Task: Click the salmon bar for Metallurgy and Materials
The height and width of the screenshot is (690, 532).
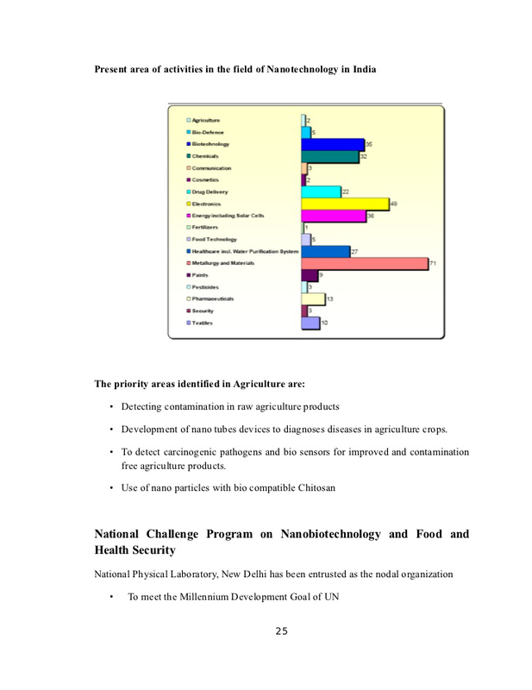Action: [x=363, y=263]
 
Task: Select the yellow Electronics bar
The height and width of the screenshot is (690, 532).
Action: [x=344, y=204]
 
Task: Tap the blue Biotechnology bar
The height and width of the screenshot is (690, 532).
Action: [x=332, y=144]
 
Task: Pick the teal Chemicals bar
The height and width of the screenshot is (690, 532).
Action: [x=329, y=156]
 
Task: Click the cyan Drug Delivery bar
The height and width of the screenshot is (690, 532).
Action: [x=320, y=191]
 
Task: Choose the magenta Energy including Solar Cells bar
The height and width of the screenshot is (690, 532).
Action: [x=333, y=216]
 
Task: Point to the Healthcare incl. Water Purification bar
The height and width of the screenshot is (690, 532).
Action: [x=325, y=251]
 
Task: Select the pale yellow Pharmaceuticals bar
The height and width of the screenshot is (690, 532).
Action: [x=312, y=298]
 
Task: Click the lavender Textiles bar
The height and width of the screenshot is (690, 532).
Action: [x=310, y=323]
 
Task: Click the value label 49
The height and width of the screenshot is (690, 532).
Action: [x=393, y=203]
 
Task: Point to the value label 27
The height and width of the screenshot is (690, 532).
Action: [x=354, y=250]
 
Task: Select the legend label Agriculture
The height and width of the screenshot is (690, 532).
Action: [x=206, y=120]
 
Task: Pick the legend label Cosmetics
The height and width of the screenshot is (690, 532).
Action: [x=205, y=179]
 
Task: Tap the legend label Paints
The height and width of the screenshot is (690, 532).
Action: [x=200, y=274]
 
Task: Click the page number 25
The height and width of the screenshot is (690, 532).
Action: [x=281, y=630]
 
